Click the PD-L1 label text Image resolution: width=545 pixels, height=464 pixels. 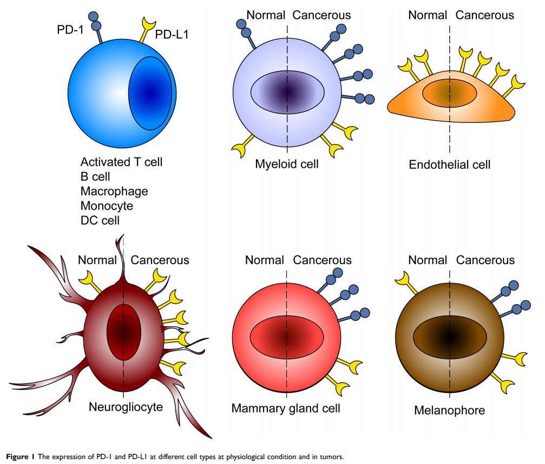point(173,35)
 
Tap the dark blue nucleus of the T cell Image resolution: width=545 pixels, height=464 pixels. point(150,93)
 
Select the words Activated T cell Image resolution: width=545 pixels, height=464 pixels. point(121,162)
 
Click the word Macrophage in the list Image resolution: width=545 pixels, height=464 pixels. point(114,191)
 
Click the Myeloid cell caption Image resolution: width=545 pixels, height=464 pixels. point(287,164)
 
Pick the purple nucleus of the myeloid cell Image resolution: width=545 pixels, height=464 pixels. point(287,92)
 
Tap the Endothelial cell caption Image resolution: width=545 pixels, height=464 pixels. point(450,165)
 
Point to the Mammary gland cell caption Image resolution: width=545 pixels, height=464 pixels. point(286,408)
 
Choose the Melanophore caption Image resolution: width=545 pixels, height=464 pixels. point(449,410)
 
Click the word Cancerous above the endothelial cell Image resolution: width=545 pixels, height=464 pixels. point(484,15)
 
